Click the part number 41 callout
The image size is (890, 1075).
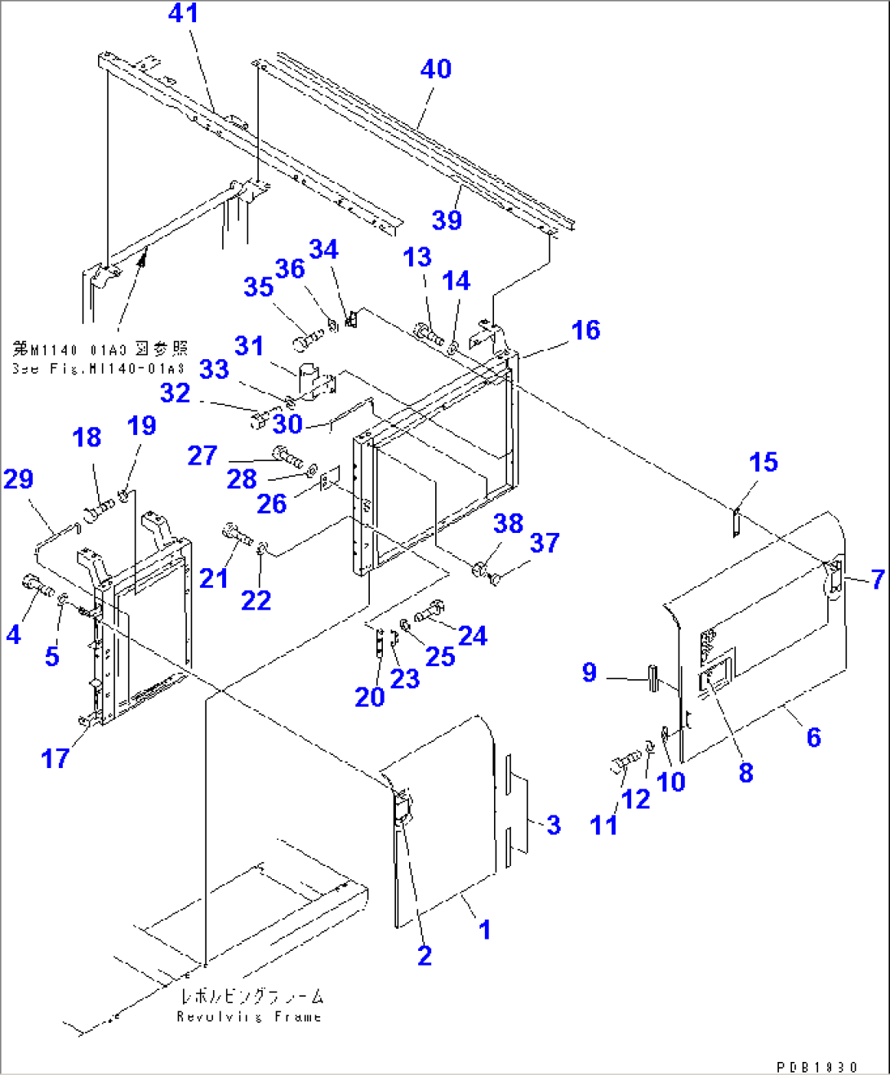tap(183, 14)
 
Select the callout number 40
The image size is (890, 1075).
tap(436, 69)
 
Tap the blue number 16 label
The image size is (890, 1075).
tap(585, 331)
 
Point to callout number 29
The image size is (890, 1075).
tap(18, 479)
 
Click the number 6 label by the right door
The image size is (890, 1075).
tap(813, 738)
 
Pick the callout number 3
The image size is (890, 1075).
tap(554, 825)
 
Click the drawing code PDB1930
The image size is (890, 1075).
tap(817, 1067)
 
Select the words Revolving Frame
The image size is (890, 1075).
tap(249, 1017)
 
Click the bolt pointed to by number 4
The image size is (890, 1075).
tap(36, 585)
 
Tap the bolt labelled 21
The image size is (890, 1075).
tap(237, 535)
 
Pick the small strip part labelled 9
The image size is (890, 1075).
tap(652, 678)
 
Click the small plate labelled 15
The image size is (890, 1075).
tap(735, 522)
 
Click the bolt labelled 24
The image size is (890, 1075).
tap(429, 611)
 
